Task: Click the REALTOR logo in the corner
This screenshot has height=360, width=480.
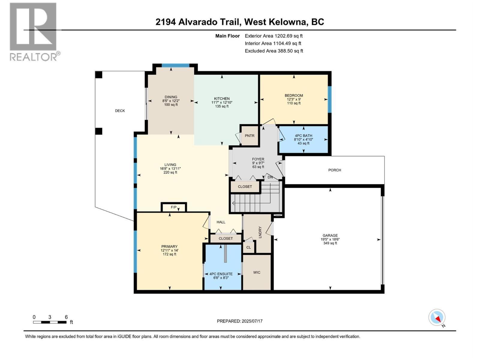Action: (x=34, y=31)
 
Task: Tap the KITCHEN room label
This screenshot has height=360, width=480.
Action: (x=222, y=99)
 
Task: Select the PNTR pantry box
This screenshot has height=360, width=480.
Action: (x=249, y=136)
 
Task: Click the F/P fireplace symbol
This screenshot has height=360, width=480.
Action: (x=174, y=207)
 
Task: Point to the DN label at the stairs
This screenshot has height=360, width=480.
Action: (x=270, y=177)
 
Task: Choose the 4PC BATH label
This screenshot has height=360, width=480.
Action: (x=303, y=136)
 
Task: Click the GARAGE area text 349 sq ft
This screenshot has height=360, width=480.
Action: (x=330, y=243)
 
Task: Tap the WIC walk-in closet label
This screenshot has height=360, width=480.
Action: (x=257, y=272)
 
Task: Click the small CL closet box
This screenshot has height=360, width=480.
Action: (x=248, y=247)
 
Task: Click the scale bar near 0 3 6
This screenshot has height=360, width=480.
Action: (x=50, y=322)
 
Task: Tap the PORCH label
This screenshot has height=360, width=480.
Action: (x=334, y=170)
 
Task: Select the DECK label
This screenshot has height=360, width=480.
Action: (x=120, y=111)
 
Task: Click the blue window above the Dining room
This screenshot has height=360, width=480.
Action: (x=175, y=65)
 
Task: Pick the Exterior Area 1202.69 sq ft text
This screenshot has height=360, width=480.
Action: (x=274, y=36)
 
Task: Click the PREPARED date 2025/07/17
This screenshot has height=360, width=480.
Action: (x=240, y=321)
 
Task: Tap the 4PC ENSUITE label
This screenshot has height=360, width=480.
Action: (x=221, y=274)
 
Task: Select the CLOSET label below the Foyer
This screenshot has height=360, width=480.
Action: (x=245, y=187)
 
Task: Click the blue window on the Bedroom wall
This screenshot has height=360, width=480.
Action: (x=330, y=99)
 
